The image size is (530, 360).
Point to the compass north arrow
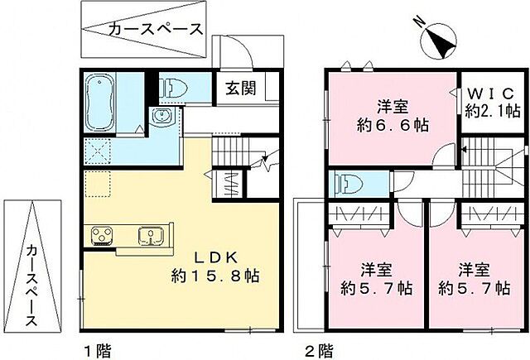tap(439, 41)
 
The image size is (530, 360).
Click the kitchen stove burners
tap(101, 236)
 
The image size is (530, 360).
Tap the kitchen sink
tap(150, 236)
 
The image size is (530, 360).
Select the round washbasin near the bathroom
tap(163, 117)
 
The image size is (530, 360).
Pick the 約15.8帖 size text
tap(215, 276)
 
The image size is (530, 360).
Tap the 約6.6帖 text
tap(391, 126)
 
